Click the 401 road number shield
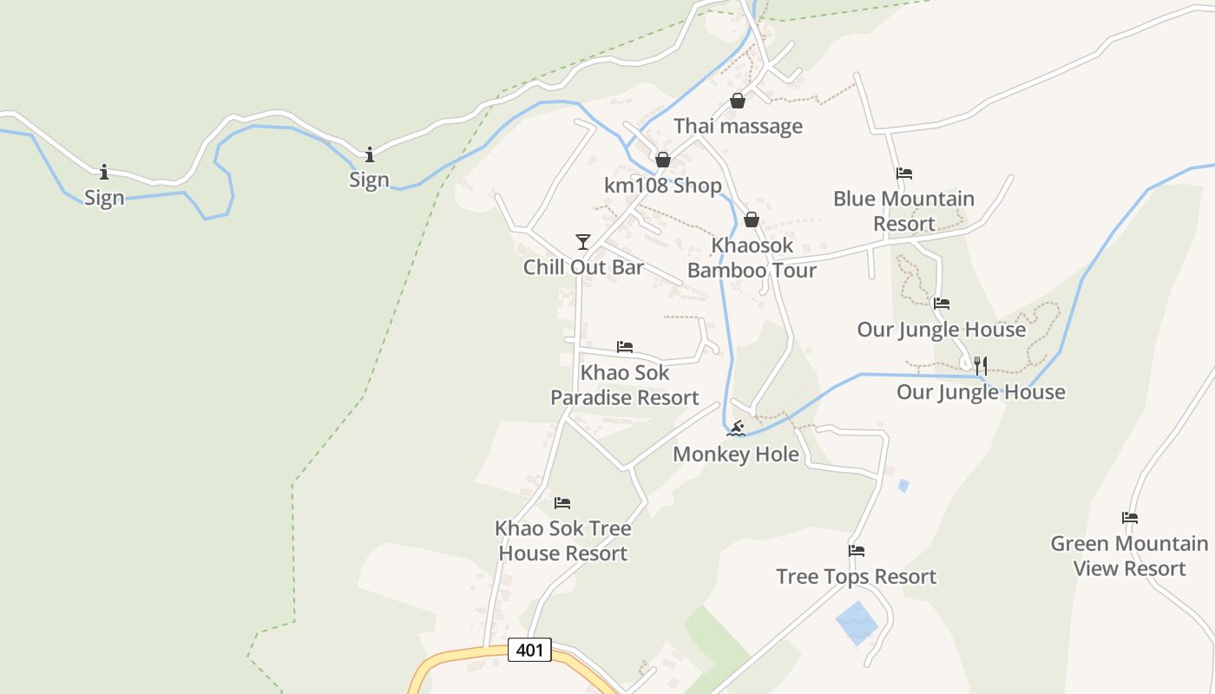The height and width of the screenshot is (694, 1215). point(529,650)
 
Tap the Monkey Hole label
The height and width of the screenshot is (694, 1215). point(736,454)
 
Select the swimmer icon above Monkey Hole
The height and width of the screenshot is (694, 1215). point(736,428)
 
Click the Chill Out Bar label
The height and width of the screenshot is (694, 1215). point(583,267)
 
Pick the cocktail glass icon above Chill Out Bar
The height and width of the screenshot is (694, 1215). point(583,241)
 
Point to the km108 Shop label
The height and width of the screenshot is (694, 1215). point(663,186)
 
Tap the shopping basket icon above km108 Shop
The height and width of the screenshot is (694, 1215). point(663,160)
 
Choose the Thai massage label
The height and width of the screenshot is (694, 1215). point(739,127)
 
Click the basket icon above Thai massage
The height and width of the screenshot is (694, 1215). point(738,101)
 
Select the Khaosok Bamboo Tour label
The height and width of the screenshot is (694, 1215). point(752,258)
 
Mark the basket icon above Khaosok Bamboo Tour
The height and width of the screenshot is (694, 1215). point(752,219)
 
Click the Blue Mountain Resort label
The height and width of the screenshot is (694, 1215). point(903,211)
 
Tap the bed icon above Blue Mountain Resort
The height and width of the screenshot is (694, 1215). point(904,173)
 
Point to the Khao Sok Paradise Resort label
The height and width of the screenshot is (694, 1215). point(625,385)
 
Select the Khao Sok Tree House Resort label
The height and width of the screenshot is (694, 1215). point(563,540)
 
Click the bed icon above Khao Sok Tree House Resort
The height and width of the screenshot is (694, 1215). point(562,503)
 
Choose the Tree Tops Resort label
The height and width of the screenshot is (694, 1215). point(857,577)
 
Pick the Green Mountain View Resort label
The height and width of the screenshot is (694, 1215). point(1129,556)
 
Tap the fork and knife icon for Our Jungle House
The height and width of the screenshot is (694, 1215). point(980,366)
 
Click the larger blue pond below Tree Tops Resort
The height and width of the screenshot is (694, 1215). point(857,624)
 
